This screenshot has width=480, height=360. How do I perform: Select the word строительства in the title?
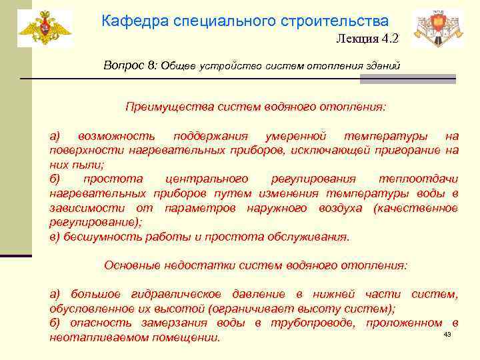click(x=341, y=21)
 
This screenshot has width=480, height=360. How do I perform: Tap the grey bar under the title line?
click(x=407, y=79)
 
